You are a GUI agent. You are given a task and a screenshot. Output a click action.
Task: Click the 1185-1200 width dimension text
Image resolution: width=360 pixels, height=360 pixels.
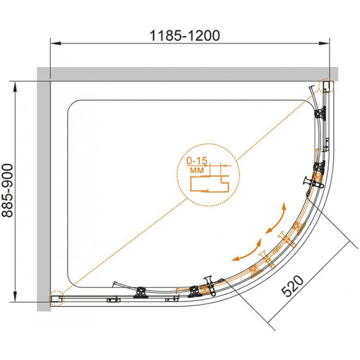pos(184,36)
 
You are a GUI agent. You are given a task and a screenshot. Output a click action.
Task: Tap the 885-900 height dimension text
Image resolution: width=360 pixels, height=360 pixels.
pos(7,191)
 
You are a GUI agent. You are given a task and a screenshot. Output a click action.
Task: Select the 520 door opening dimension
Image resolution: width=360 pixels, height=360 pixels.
pos(292,286)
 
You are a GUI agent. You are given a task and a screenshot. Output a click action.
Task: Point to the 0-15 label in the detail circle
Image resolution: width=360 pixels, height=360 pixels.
pos(197,161)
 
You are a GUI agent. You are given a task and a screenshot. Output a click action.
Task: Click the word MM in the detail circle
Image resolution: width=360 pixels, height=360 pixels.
pos(197,170)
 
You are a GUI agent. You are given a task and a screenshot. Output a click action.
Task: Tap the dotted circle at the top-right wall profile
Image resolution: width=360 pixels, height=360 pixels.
pos(326,86)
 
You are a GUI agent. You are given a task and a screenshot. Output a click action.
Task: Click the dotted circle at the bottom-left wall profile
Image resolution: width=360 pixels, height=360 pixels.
pos(56,298)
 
